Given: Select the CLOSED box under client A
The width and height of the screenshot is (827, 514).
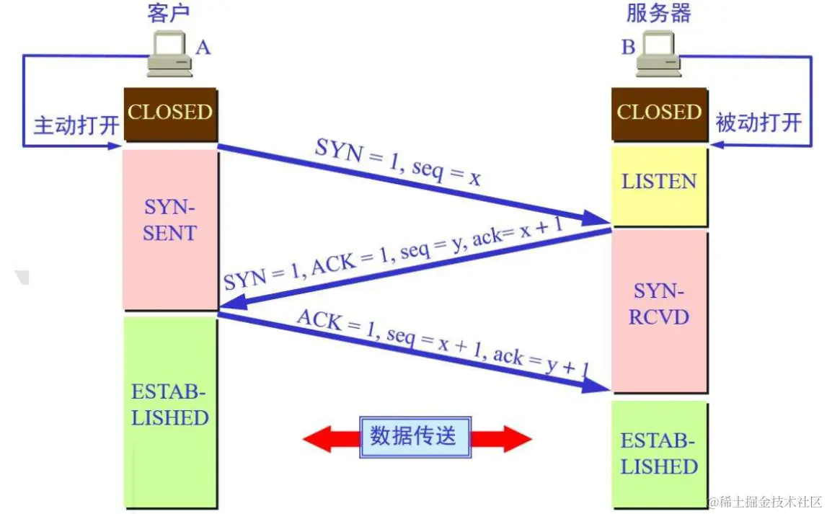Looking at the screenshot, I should [170, 113].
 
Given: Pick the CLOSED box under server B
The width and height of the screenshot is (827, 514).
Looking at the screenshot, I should [659, 113].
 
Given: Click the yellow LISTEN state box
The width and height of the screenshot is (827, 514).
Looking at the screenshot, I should [659, 182].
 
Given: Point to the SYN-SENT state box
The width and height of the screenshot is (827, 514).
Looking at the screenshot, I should [170, 221].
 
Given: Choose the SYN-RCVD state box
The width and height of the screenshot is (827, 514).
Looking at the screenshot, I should [659, 304].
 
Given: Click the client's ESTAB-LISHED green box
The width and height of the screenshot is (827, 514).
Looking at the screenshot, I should [170, 405].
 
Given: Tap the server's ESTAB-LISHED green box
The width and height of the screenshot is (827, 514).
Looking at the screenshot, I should [659, 454].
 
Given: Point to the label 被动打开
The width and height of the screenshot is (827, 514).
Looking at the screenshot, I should [758, 123].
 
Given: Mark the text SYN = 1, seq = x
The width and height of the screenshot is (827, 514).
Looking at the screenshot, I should [397, 163].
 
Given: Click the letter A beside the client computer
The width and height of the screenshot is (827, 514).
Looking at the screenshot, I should [203, 48].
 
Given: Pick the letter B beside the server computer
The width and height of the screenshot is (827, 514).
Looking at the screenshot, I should [628, 48].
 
